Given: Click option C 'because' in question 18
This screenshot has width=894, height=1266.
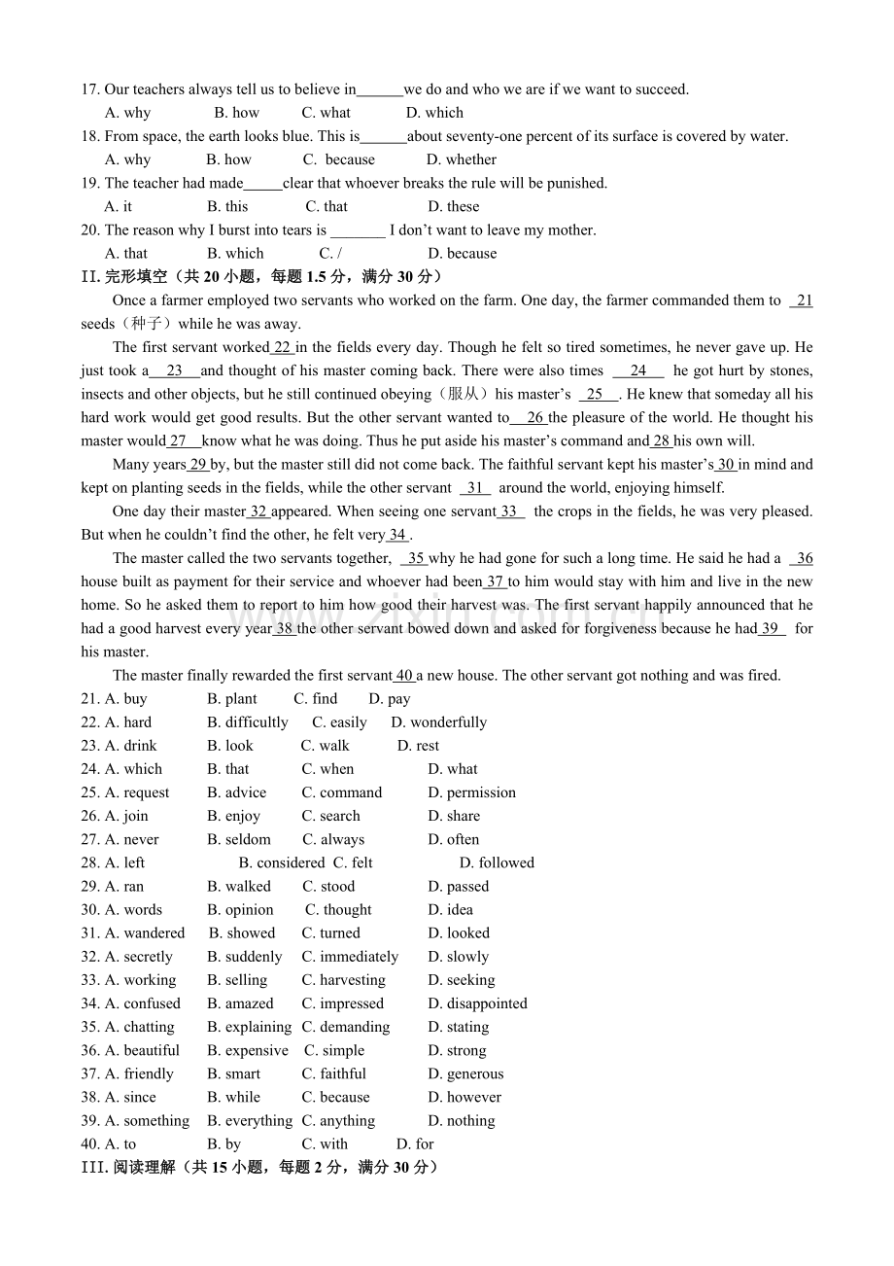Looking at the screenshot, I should pos(339,159).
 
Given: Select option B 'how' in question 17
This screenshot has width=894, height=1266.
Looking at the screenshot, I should pos(237,113).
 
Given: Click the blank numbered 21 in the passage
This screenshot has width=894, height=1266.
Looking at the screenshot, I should pos(803,300).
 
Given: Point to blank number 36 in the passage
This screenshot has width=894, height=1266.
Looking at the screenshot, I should pos(803,558).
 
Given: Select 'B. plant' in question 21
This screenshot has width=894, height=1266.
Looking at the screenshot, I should pos(232,699).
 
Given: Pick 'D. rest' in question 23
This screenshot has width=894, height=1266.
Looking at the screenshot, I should pos(418,746).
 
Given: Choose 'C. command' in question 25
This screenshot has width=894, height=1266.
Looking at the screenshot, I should pos(342,792).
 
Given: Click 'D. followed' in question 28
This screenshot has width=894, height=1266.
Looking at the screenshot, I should pos(497,862).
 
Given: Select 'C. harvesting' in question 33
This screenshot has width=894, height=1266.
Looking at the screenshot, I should pos(343,980).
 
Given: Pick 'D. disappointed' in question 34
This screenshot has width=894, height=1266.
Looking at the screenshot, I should pos(477,1003).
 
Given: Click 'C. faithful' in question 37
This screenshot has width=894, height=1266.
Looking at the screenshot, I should pos(333,1073).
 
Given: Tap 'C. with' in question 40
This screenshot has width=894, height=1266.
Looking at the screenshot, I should pos(325,1144).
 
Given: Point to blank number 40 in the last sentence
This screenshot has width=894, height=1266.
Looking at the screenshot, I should pos(404,676).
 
